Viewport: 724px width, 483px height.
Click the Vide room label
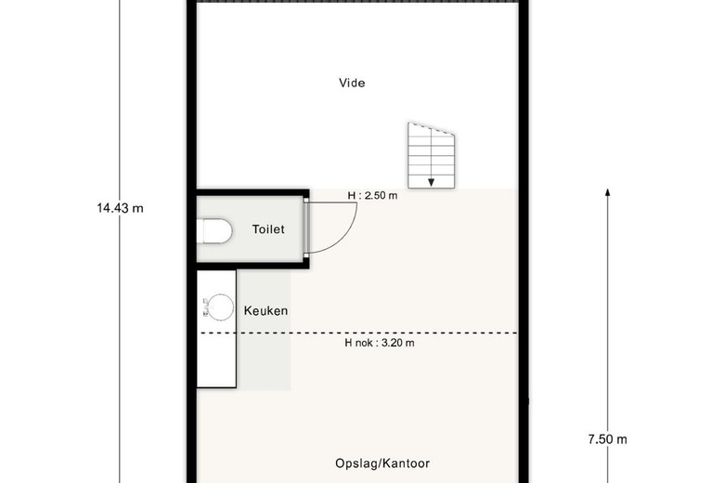pyautogui.click(x=352, y=83)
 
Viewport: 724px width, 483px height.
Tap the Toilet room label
pyautogui.click(x=268, y=229)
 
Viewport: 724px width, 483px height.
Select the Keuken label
pyautogui.click(x=265, y=310)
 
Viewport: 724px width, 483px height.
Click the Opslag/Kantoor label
pyautogui.click(x=382, y=463)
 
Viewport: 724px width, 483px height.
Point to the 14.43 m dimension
pyautogui.click(x=120, y=208)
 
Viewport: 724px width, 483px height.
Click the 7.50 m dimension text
pyautogui.click(x=608, y=439)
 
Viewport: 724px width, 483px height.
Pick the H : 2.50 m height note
pyautogui.click(x=372, y=195)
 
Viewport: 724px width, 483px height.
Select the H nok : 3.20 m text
pyautogui.click(x=380, y=343)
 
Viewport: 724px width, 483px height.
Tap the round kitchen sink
pyautogui.click(x=221, y=307)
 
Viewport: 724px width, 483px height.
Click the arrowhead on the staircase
pyautogui.click(x=431, y=183)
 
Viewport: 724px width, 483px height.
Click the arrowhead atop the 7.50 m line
pyautogui.click(x=608, y=192)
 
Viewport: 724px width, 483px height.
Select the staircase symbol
pyautogui.click(x=432, y=155)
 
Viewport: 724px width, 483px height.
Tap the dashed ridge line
pyautogui.click(x=359, y=333)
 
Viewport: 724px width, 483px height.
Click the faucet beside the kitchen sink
pyautogui.click(x=205, y=307)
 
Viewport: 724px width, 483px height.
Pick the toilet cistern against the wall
pyautogui.click(x=200, y=231)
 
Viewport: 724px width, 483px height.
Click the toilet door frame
pyautogui.click(x=306, y=227)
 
